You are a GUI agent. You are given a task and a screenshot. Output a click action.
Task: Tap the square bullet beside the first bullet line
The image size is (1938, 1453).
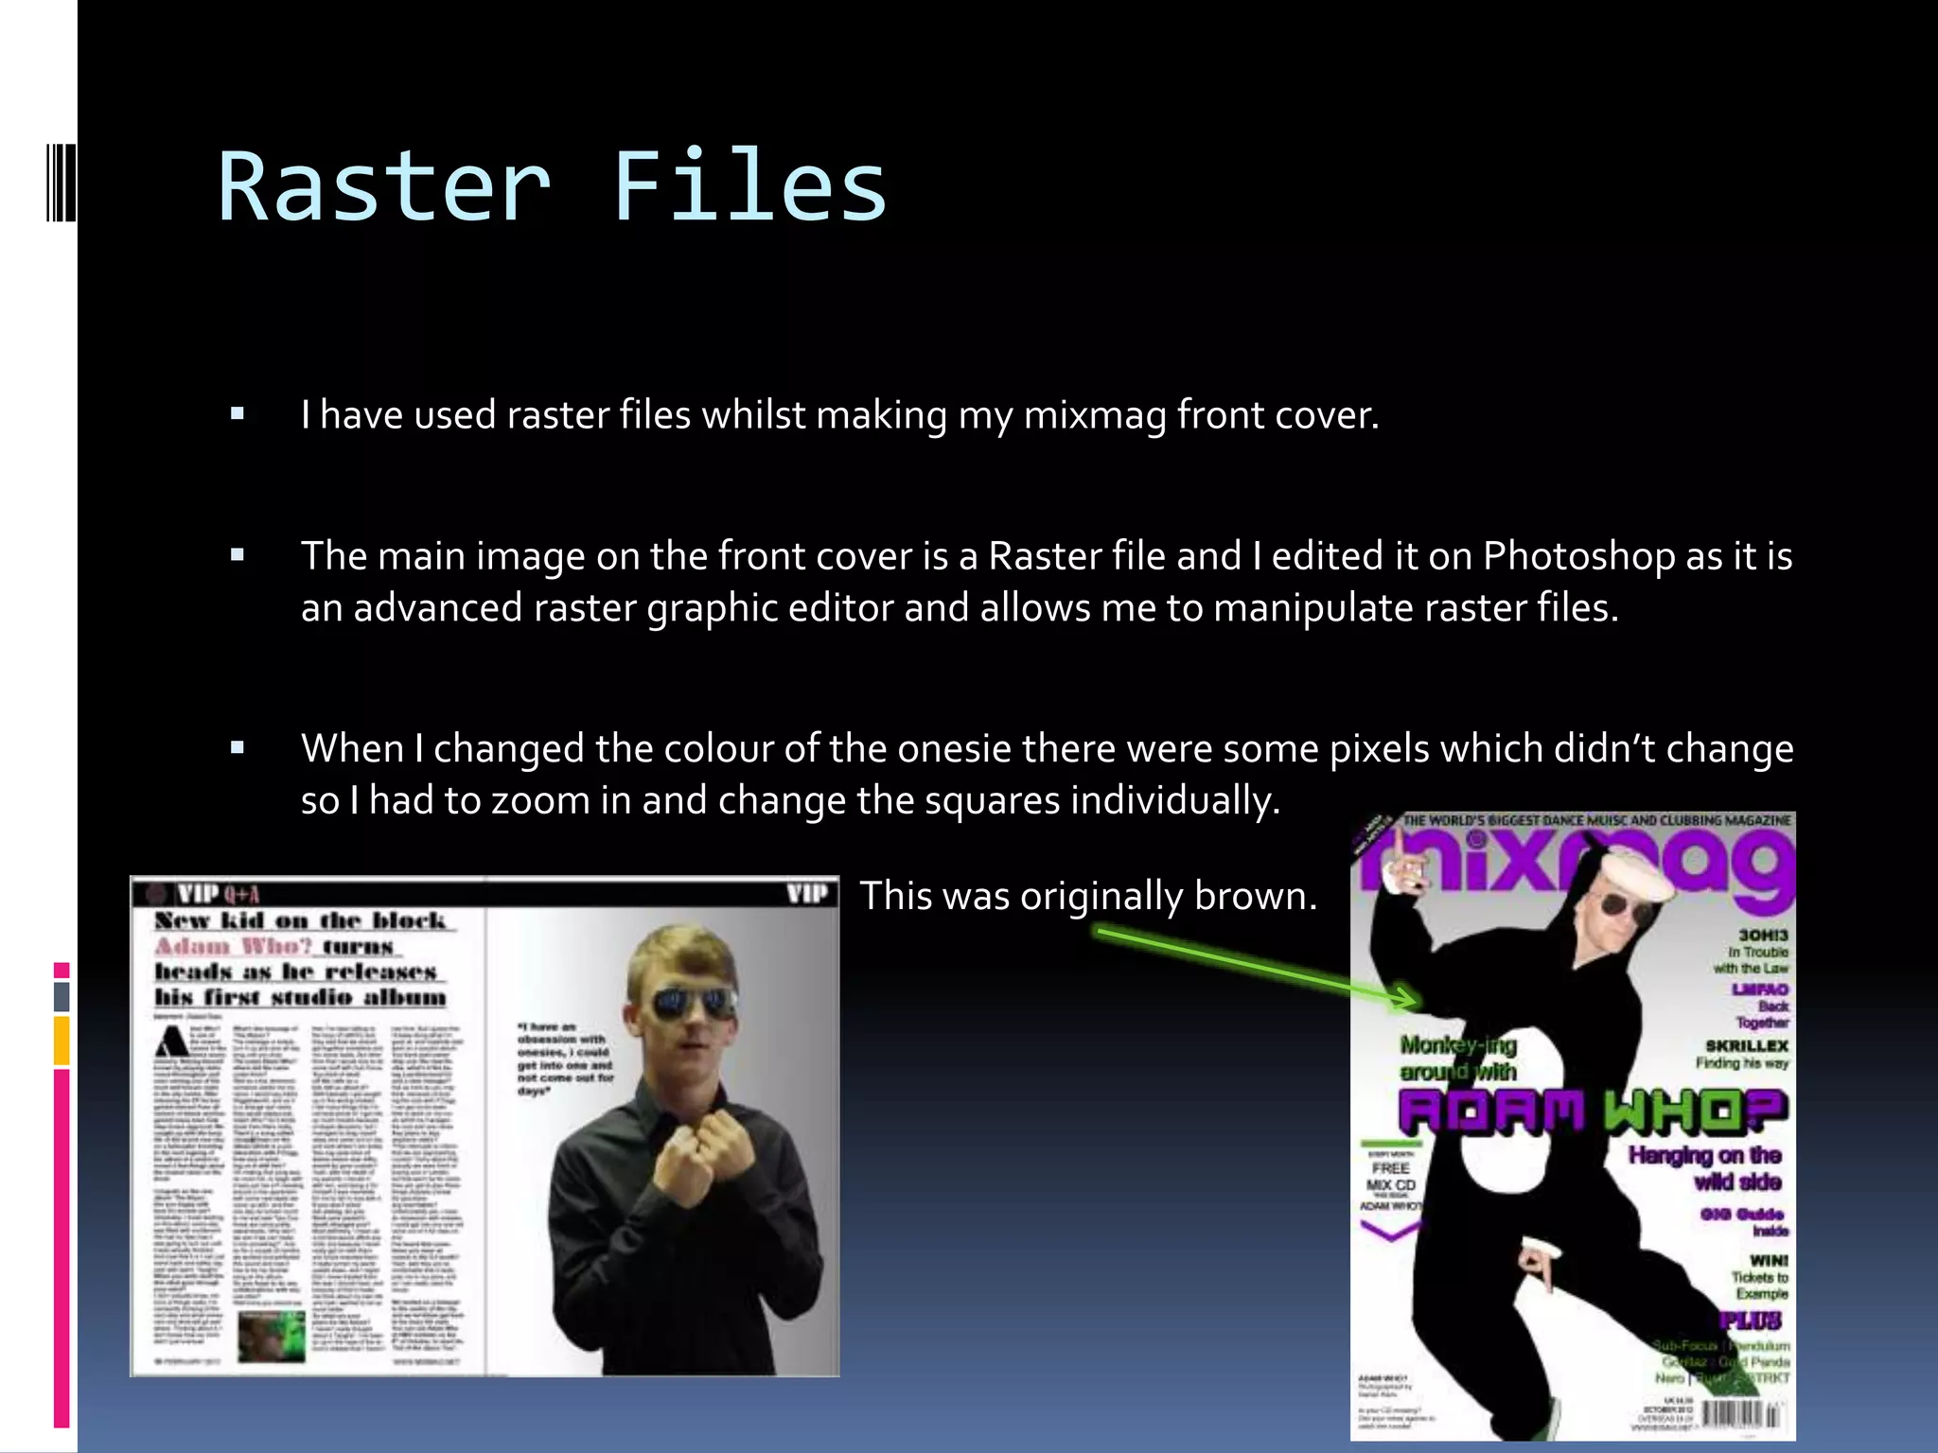(x=238, y=413)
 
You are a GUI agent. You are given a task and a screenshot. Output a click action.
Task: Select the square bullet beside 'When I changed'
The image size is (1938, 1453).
(x=238, y=748)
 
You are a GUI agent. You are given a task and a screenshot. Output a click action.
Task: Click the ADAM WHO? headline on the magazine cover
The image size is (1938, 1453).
(x=1592, y=1111)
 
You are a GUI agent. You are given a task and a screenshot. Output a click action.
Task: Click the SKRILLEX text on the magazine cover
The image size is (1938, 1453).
(x=1746, y=1045)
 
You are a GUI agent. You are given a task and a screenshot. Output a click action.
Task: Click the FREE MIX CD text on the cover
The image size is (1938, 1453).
(x=1390, y=1177)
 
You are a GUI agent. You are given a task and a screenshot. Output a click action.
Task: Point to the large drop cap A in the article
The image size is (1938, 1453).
(x=173, y=1042)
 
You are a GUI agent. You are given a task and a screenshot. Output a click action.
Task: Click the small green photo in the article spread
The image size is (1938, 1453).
(x=272, y=1333)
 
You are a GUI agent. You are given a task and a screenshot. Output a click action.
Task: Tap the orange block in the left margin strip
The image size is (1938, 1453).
(x=62, y=1040)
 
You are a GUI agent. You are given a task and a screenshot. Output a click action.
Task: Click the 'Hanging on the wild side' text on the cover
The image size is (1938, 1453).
(x=1707, y=1168)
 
